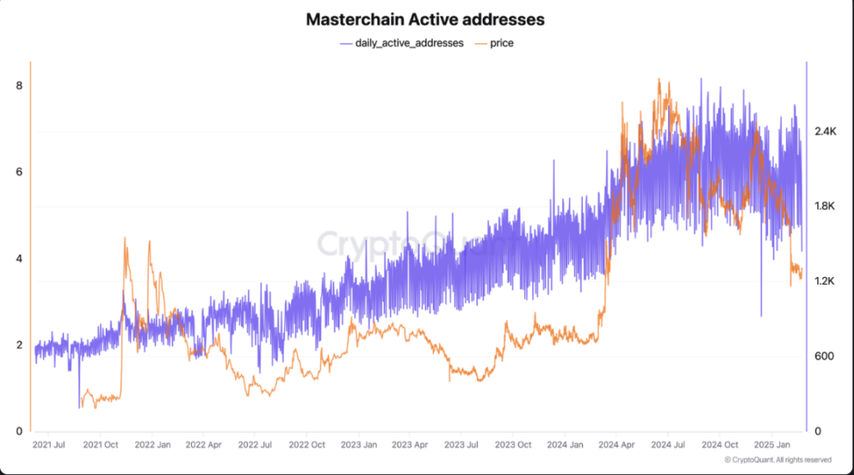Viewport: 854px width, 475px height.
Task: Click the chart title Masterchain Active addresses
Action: (425, 18)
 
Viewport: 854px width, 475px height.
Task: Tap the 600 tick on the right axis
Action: (824, 356)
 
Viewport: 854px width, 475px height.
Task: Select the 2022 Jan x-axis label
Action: (153, 445)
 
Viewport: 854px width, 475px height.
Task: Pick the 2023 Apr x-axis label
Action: (409, 445)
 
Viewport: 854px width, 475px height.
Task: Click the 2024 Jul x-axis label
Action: (667, 445)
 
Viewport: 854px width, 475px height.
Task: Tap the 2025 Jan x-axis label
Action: (771, 445)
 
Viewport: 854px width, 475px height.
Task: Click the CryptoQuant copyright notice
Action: (777, 459)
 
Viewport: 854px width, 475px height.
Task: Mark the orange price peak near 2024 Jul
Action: (659, 80)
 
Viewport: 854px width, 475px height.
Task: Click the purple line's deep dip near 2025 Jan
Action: (761, 316)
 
